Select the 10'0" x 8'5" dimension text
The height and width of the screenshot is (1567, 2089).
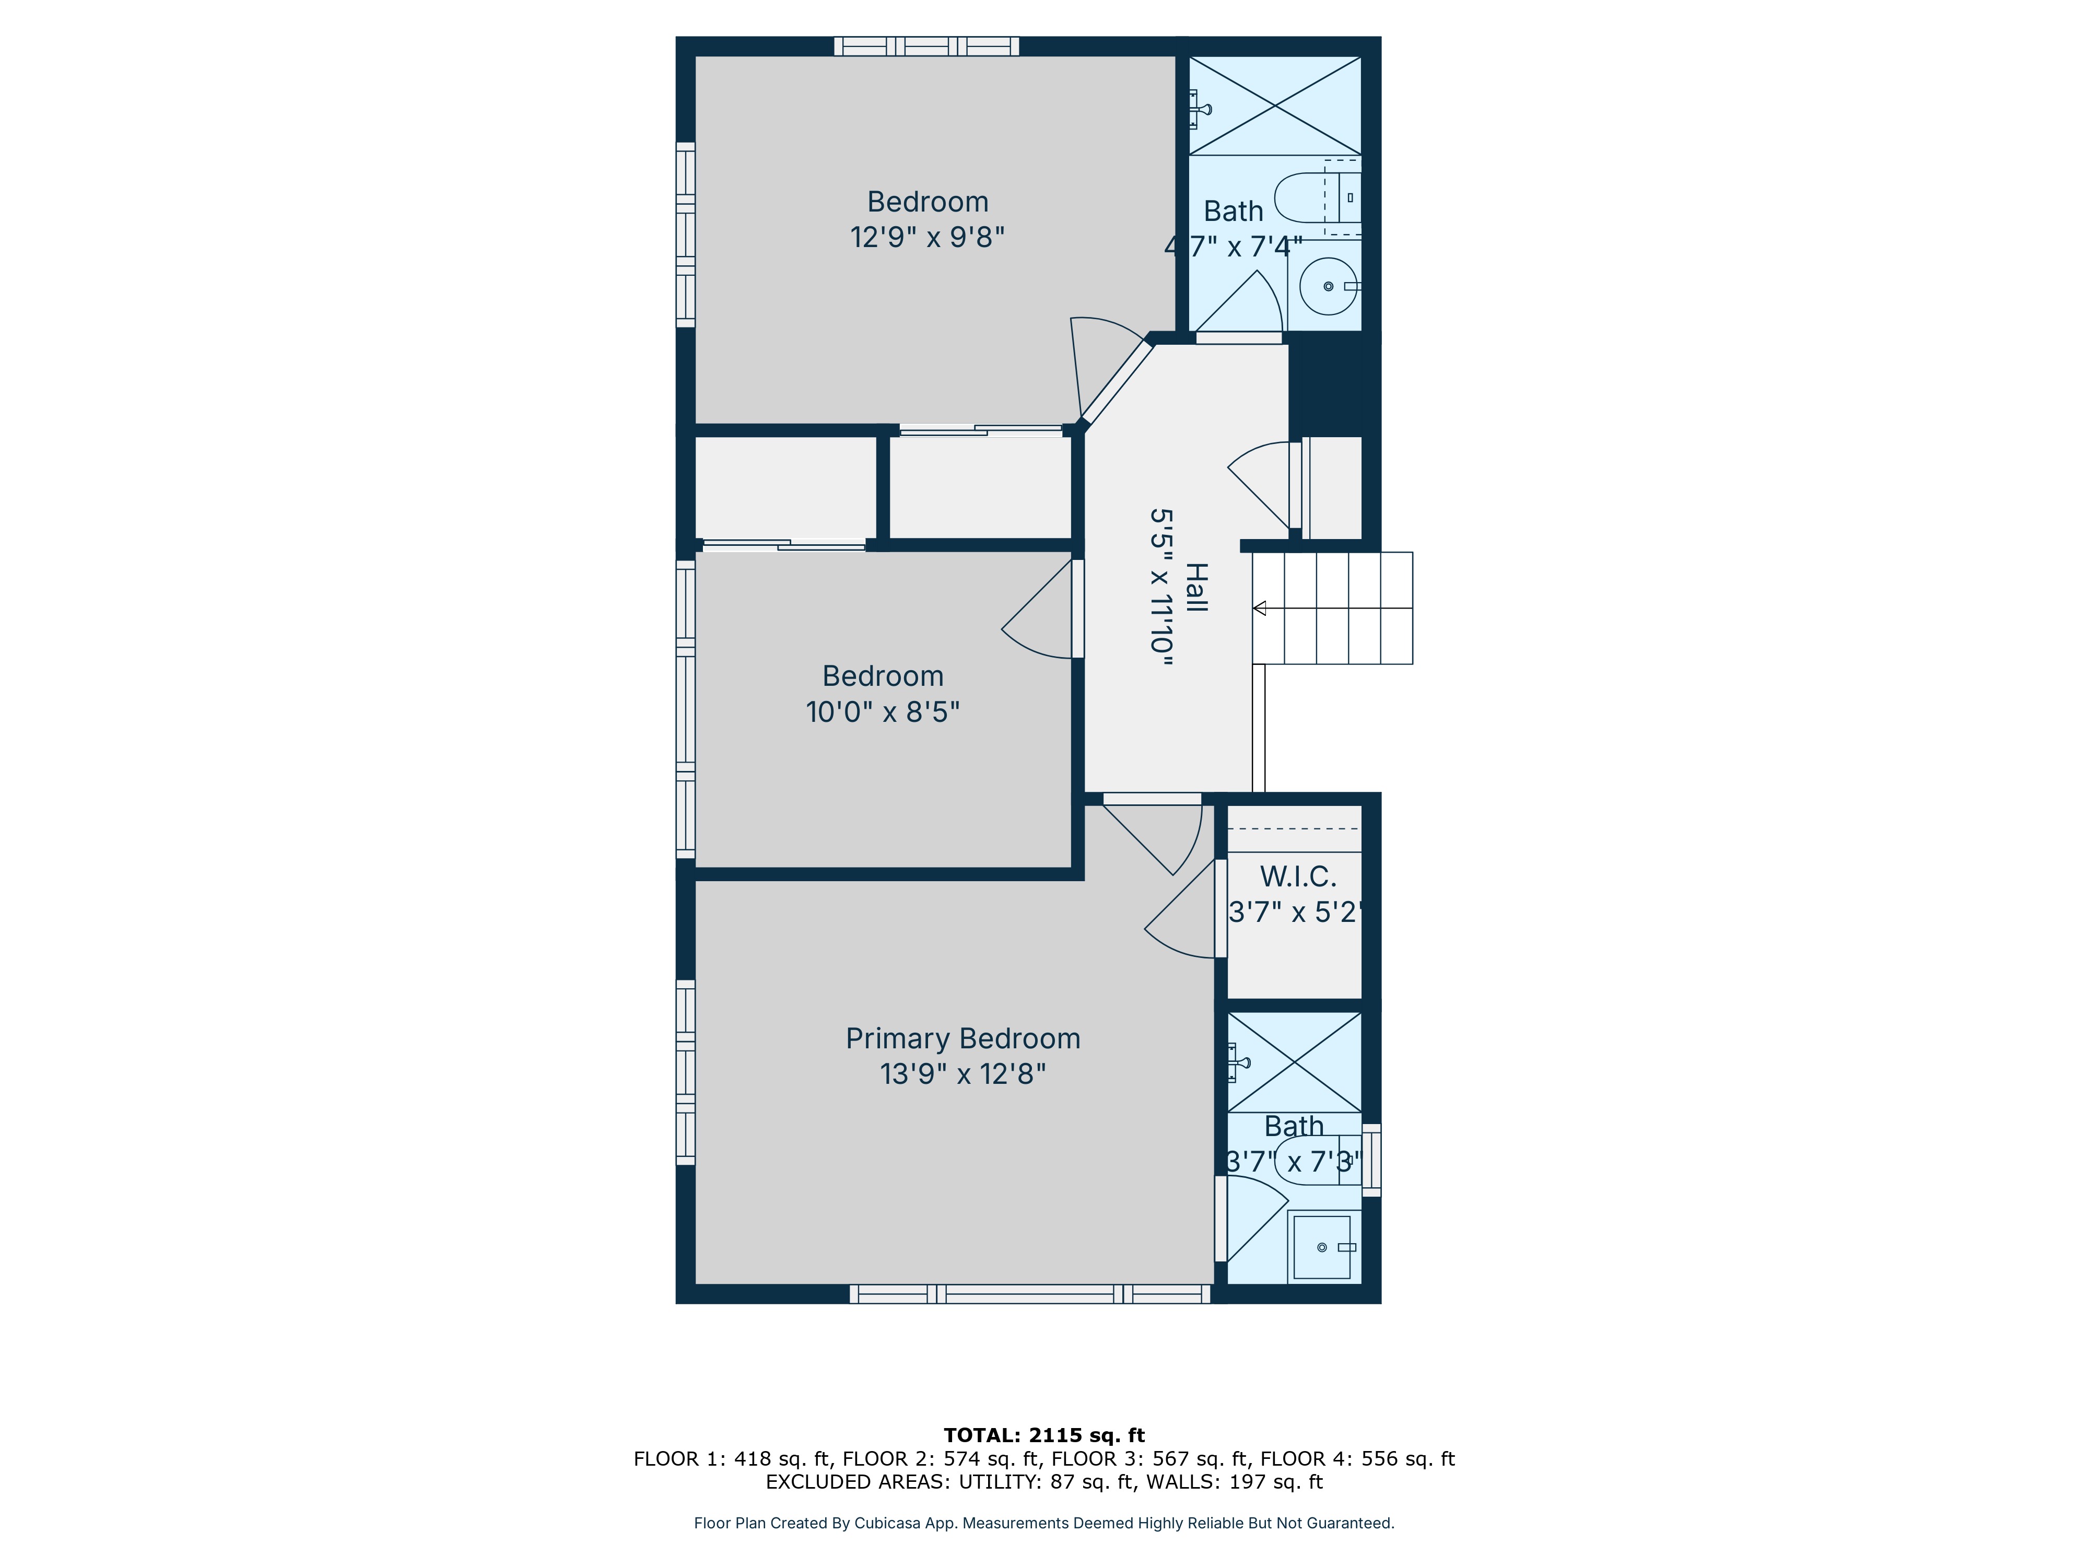[x=882, y=711]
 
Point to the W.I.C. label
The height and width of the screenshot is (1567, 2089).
[x=1298, y=876]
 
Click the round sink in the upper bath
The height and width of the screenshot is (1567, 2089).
[x=1327, y=285]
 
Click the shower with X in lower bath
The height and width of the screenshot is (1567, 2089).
[x=1294, y=1062]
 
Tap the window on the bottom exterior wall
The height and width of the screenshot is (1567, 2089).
[x=1029, y=1294]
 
